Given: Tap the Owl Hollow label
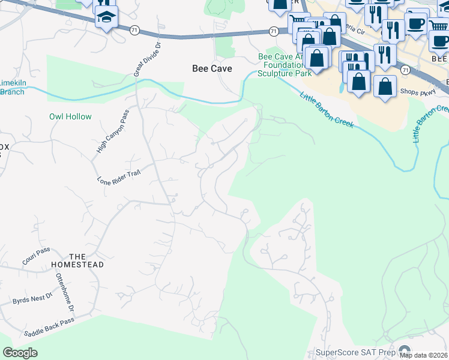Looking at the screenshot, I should [70, 116].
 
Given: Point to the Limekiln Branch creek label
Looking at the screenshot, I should [12, 88].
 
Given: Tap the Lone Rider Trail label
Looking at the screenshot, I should [118, 176].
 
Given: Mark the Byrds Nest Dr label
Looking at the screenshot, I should [33, 298].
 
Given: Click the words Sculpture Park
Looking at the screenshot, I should [284, 73].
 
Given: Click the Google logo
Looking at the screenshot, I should [20, 353].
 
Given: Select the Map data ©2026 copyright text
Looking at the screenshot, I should [423, 355].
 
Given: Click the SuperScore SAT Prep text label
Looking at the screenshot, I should [356, 352].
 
